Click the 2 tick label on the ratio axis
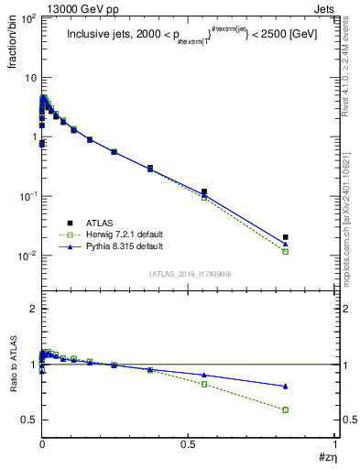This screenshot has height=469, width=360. point(32,309)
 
